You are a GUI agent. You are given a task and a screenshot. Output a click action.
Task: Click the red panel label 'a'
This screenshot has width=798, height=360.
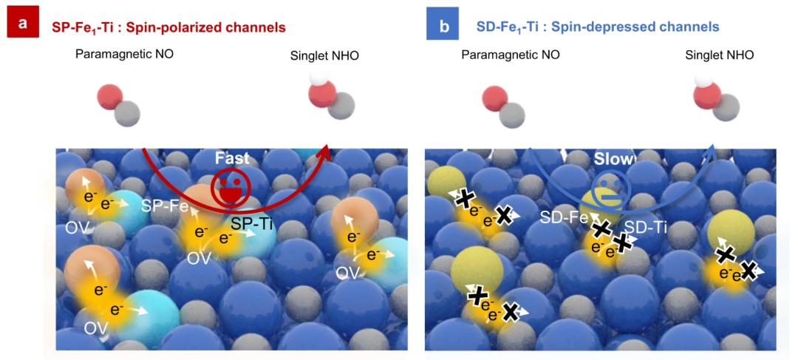[24, 24]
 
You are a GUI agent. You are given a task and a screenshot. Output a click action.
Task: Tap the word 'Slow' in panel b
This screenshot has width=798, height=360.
[613, 159]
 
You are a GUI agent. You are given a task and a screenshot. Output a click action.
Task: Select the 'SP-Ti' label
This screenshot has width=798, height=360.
[252, 223]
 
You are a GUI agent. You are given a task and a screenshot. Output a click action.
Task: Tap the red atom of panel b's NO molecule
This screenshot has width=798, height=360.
[493, 98]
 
